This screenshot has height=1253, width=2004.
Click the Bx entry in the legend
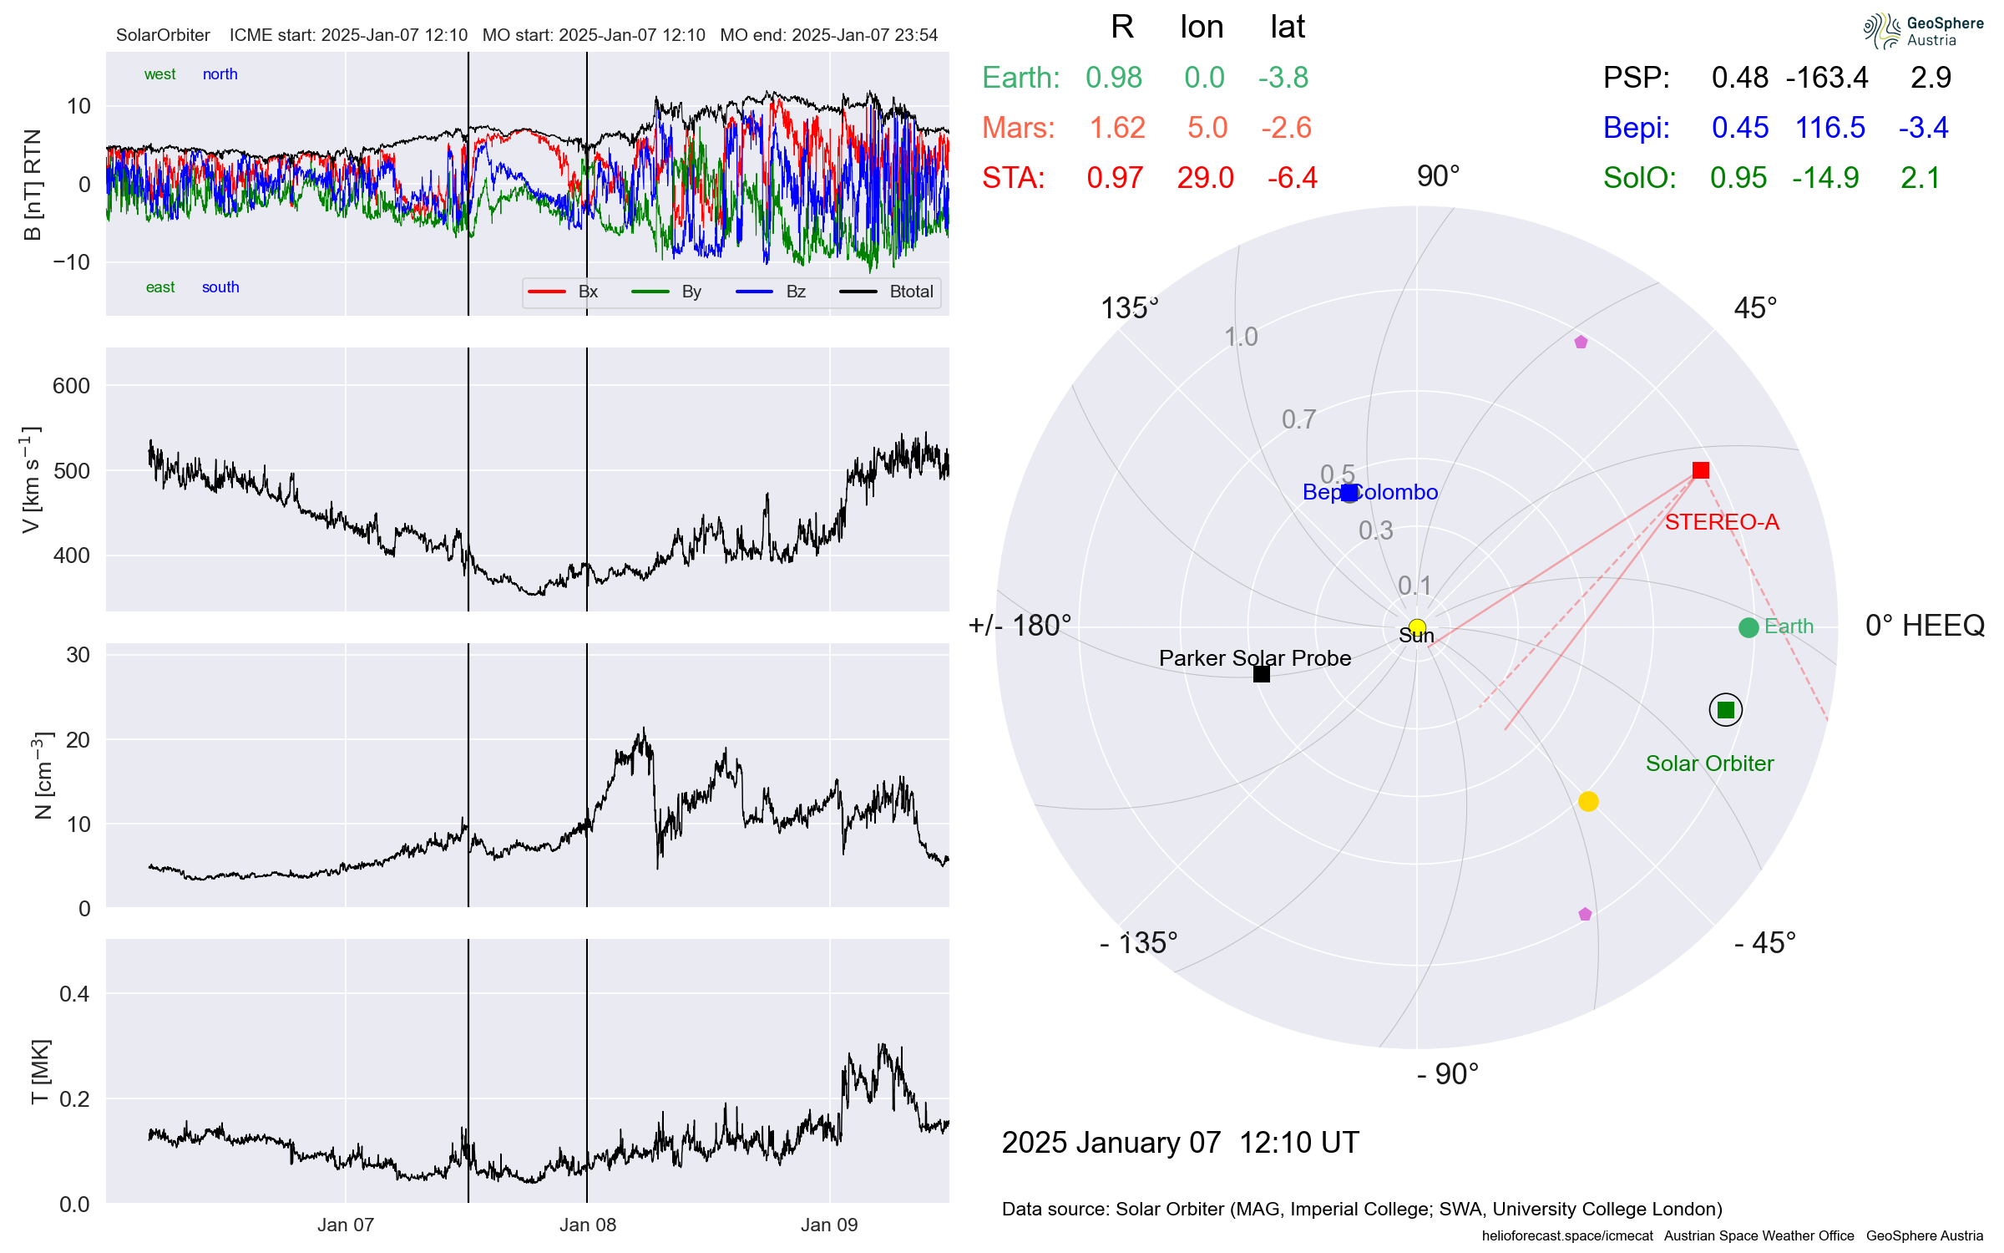tap(587, 292)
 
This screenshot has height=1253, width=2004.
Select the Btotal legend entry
tap(910, 292)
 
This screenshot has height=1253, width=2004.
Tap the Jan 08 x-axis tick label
tap(587, 1225)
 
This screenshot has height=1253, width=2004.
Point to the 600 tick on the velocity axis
tap(71, 386)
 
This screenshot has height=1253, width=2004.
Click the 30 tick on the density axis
tap(78, 655)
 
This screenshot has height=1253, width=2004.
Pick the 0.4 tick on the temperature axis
tap(74, 993)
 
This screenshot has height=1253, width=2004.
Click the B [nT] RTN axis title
tap(33, 185)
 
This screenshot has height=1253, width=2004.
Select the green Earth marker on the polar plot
tap(1748, 627)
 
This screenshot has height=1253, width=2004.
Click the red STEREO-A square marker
tap(1700, 470)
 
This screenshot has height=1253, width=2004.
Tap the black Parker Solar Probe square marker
tap(1261, 674)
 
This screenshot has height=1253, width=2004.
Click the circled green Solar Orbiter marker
tap(1725, 710)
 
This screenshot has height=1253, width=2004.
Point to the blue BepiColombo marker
tap(1349, 493)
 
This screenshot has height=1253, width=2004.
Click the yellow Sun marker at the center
tap(1417, 627)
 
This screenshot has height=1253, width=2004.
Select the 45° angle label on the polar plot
tap(1754, 308)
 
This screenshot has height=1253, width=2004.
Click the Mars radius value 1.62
tap(1117, 128)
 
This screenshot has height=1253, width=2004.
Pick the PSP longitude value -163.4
tap(1826, 78)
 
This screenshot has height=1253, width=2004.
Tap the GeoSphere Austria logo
tap(1922, 31)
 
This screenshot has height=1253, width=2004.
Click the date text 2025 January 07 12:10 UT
tap(1180, 1142)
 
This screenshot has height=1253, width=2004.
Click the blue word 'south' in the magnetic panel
tap(220, 287)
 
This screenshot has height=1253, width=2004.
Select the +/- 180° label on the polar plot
tap(1019, 626)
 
